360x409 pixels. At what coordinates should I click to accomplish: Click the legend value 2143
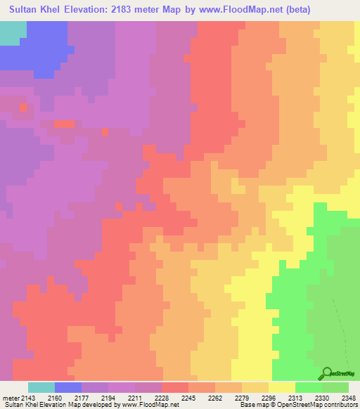(x=27, y=397)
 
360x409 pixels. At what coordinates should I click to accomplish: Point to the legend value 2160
(x=54, y=397)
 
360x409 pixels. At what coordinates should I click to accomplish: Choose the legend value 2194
(x=108, y=397)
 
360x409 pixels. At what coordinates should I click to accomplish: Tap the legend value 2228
(x=161, y=397)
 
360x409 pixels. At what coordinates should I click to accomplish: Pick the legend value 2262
(x=214, y=397)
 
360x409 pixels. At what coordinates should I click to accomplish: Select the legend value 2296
(x=268, y=397)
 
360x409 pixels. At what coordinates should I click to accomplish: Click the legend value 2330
(x=321, y=397)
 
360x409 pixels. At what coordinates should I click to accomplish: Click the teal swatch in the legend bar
(x=41, y=387)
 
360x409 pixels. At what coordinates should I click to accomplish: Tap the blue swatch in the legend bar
(x=68, y=387)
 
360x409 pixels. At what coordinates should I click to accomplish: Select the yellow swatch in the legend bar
(x=282, y=387)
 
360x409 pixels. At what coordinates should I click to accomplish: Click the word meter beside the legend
(x=9, y=397)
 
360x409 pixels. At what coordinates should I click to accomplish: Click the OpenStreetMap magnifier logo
(x=326, y=374)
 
